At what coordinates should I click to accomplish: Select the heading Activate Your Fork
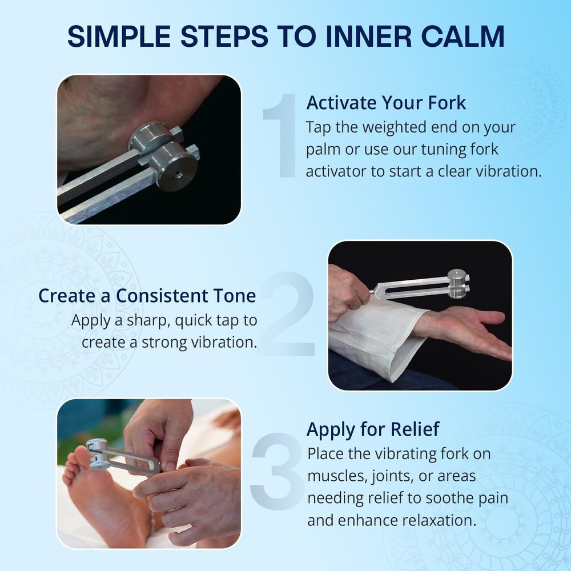click(x=386, y=103)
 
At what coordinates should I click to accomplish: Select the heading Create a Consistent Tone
click(x=147, y=296)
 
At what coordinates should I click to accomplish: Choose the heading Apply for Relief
click(x=373, y=429)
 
